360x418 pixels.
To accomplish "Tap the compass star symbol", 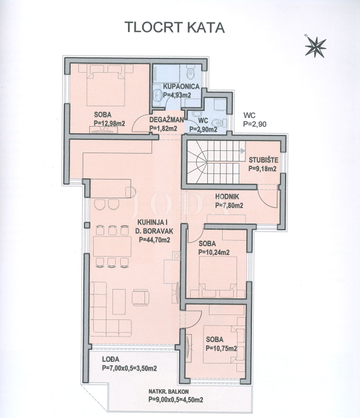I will point(315,47).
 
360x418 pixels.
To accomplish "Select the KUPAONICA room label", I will point(173,87).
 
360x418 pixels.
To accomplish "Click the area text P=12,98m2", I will point(109,123).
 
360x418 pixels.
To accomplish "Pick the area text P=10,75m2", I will point(221,348).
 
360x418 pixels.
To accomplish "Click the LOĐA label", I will point(109,360).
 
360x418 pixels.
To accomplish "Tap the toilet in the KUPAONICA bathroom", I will point(190,72).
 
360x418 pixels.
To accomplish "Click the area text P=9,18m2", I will point(263,169).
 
